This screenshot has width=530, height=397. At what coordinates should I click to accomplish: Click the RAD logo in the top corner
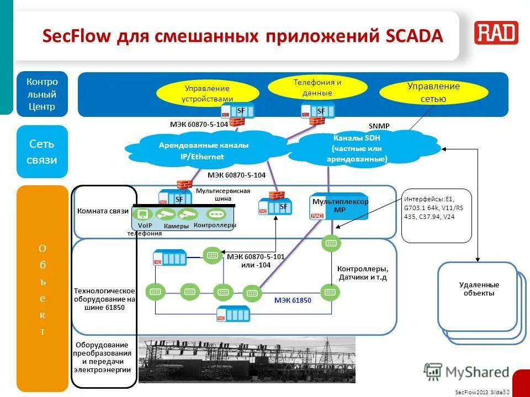[496, 34]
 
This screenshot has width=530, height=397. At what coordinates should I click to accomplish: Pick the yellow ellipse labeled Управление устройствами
[206, 92]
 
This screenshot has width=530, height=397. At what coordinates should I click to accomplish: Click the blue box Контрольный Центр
[42, 94]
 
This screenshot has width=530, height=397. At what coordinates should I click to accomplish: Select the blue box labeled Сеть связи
[42, 152]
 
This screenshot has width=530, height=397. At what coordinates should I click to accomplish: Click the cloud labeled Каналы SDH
[357, 148]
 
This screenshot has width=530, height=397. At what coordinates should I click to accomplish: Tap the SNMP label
[379, 126]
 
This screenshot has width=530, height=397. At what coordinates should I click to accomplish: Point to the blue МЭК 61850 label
[293, 301]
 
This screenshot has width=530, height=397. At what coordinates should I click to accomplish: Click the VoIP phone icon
[143, 214]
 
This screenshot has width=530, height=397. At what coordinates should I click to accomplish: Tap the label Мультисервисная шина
[222, 194]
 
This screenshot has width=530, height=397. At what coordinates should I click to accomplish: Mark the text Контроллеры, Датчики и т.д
[363, 273]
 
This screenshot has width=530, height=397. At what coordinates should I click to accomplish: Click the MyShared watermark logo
[466, 371]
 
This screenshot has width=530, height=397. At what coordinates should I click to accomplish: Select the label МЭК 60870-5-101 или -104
[256, 261]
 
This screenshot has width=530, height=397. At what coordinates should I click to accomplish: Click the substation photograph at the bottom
[246, 360]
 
